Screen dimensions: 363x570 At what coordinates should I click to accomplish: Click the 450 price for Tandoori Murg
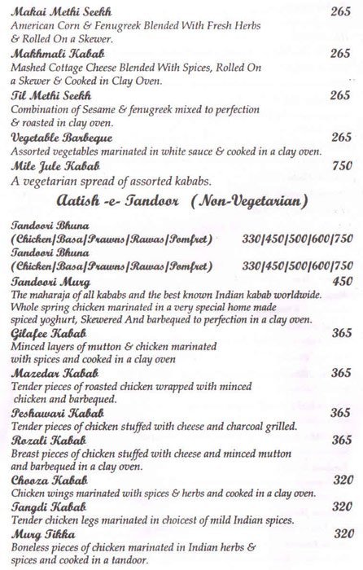click(x=343, y=279)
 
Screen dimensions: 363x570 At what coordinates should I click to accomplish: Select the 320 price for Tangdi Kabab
click(x=343, y=506)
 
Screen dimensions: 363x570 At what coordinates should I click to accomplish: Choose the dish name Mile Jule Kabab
click(x=46, y=164)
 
